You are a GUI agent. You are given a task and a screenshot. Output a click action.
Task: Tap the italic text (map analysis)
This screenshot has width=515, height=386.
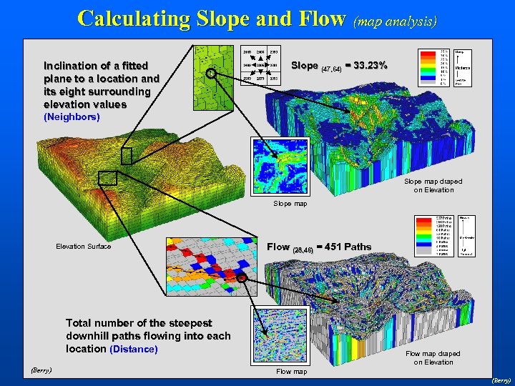(395, 21)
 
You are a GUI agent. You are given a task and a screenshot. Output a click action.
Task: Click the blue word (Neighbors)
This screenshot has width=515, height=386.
(72, 116)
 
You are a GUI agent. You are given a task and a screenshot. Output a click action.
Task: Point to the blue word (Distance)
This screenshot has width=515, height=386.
(133, 349)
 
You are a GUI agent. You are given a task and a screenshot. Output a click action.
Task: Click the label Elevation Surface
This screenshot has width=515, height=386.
(84, 247)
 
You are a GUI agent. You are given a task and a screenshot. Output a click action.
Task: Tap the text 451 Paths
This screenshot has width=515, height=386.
(349, 247)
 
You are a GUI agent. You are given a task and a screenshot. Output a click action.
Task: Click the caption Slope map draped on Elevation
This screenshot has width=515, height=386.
(428, 186)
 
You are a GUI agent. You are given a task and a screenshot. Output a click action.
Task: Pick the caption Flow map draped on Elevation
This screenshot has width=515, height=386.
(433, 357)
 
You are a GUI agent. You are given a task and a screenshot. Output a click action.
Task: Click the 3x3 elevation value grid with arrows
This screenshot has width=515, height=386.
(260, 64)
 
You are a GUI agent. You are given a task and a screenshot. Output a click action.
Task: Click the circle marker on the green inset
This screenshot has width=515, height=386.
(211, 73)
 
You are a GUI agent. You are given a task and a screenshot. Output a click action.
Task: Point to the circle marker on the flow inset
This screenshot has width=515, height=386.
(242, 277)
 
